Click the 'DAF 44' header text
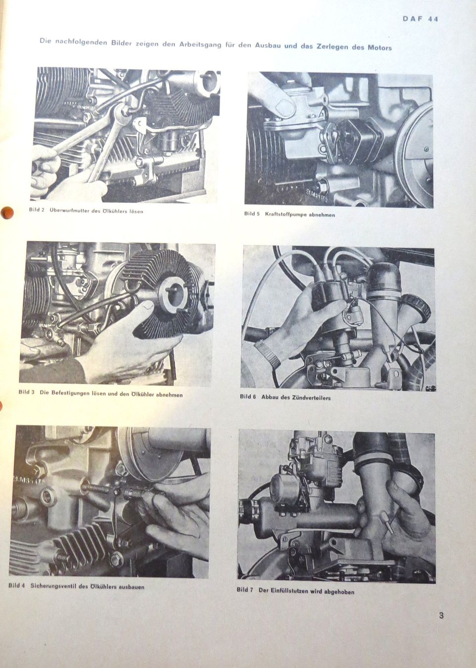tap(420, 19)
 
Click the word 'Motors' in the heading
tap(380, 48)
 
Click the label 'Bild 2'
tap(37, 210)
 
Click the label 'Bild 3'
tap(26, 392)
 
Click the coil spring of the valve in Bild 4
tap(95, 488)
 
